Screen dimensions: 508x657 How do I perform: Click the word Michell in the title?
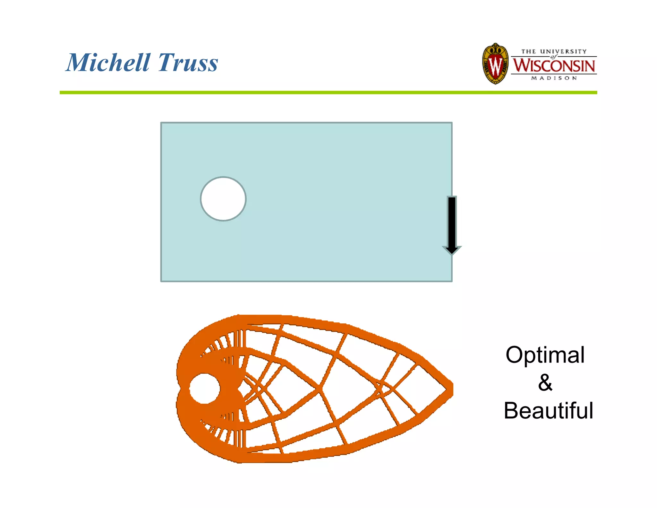108,62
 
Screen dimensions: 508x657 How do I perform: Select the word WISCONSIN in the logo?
554,66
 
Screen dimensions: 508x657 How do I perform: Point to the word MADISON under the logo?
554,78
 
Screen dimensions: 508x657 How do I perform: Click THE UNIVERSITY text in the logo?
554,51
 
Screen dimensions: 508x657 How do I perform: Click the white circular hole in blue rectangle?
223,199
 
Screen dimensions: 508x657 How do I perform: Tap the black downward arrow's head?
452,250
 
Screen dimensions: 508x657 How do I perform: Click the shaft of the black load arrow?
452,222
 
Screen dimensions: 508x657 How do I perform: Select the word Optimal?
545,355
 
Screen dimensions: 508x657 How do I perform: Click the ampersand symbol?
545,383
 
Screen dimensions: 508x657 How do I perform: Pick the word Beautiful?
548,411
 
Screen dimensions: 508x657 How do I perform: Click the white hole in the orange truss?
204,389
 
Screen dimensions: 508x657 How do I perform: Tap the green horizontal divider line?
328,92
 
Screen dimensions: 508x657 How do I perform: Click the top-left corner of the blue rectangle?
161,123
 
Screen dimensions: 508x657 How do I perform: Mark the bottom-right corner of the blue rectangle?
451,281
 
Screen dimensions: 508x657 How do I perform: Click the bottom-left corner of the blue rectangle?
161,281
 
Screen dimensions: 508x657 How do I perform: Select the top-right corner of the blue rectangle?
451,123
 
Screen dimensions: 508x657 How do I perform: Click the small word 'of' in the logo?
553,57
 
